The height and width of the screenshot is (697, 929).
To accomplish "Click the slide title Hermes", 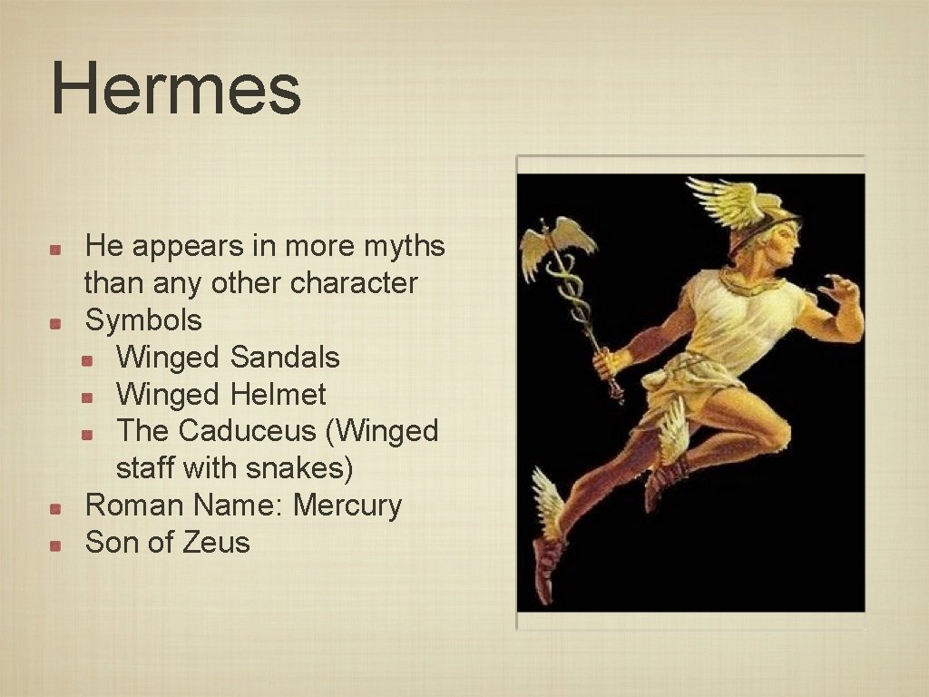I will coord(176,88).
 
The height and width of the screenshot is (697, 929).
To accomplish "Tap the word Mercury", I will coord(347,505).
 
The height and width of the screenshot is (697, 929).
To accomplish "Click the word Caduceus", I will coord(248,430).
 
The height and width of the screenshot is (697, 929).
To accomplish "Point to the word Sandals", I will coord(285,357).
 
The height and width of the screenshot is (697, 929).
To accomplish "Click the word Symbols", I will coord(143,319).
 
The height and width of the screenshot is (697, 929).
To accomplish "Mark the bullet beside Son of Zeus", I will coord(56,545).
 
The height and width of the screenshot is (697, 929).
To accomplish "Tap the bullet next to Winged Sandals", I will coord(88,359).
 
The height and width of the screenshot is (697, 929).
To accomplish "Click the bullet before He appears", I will coord(56,248).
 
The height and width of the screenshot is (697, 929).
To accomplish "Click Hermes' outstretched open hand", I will coord(839,290).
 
